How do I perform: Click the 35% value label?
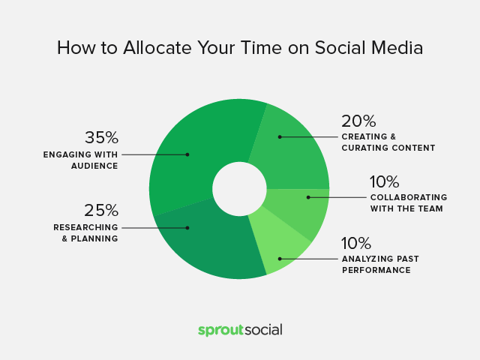(x=102, y=137)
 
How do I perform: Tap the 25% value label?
(x=101, y=210)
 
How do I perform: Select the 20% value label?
(x=358, y=121)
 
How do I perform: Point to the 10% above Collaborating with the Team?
(x=385, y=181)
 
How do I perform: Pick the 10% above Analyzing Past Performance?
(x=356, y=243)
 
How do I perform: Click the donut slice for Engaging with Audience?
(x=196, y=147)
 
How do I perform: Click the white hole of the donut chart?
(x=239, y=189)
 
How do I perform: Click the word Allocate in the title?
(x=157, y=48)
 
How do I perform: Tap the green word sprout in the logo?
(x=220, y=331)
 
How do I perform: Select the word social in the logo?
(x=263, y=330)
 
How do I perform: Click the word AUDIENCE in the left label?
(x=94, y=166)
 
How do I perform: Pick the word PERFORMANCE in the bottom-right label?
(x=376, y=270)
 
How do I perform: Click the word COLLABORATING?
(x=409, y=197)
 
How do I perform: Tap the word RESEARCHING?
(x=85, y=227)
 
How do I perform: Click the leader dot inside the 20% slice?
(x=280, y=136)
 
